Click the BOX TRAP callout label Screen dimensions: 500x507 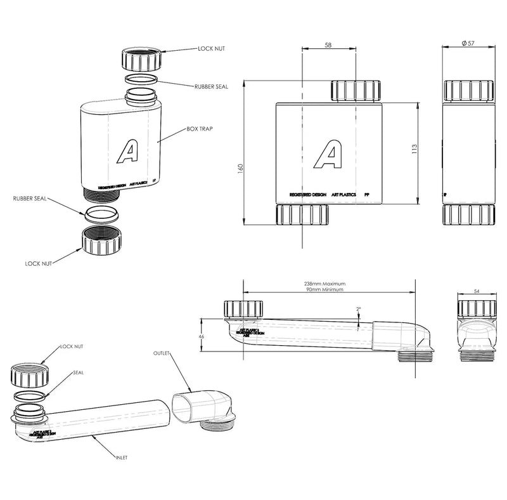200,129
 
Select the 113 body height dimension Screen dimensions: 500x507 414,148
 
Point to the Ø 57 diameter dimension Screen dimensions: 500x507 468,43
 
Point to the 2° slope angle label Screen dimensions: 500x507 358,309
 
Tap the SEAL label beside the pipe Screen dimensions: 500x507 78,372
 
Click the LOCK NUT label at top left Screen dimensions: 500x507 212,48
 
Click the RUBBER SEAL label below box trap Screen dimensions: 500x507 30,197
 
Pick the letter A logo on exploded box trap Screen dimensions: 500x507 129,152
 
